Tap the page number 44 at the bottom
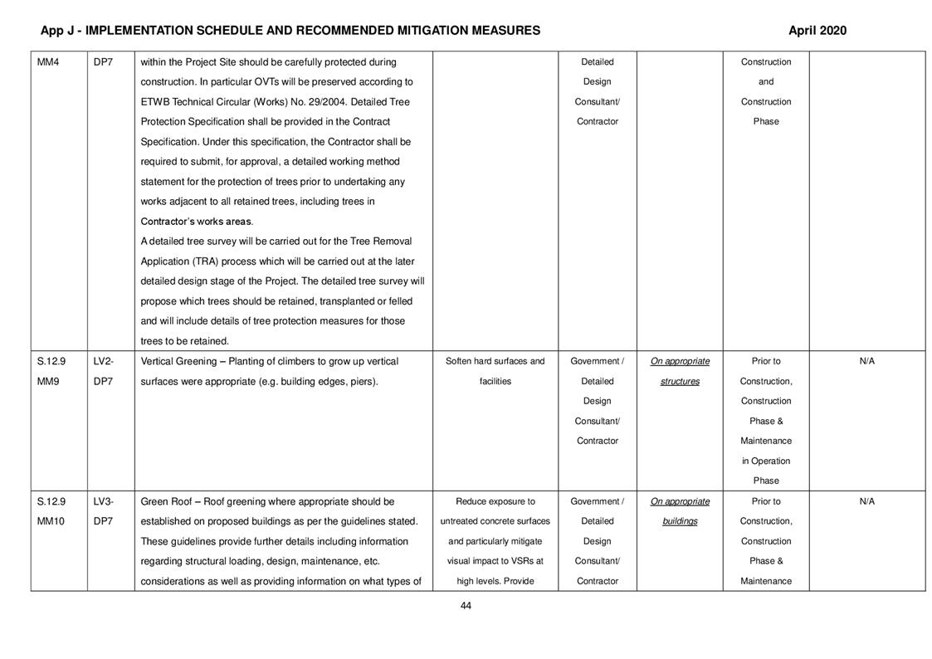click(x=466, y=605)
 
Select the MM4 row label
click(x=47, y=62)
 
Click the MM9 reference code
click(x=47, y=382)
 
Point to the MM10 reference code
click(x=50, y=521)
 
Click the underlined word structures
click(x=680, y=382)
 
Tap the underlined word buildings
click(x=680, y=521)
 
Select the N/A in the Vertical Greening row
click(x=866, y=362)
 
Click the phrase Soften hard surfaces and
click(x=495, y=362)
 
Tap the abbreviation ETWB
click(x=155, y=102)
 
